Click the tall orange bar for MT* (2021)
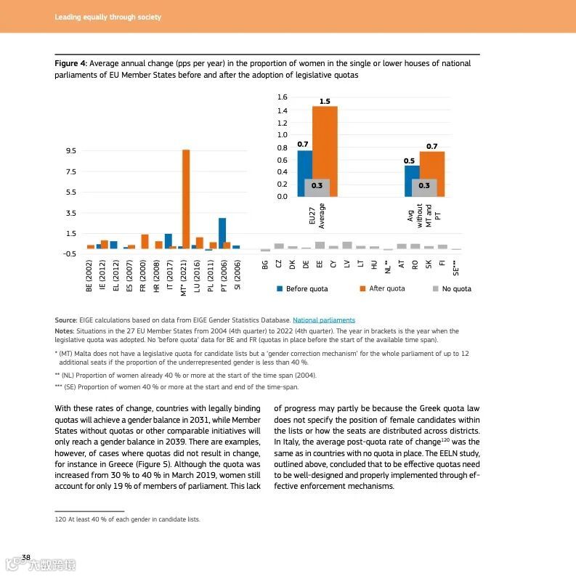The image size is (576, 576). [186, 199]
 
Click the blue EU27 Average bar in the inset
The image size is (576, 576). [304, 164]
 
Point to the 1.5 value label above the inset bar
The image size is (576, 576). [325, 101]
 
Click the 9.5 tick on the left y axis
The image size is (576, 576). [71, 151]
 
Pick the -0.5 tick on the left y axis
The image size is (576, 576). [70, 254]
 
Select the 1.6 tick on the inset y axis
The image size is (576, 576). [283, 97]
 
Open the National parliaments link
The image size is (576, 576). [324, 320]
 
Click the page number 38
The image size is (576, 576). [25, 557]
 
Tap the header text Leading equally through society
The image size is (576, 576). [108, 17]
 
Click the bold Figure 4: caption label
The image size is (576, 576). [71, 64]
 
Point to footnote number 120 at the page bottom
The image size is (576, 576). [60, 519]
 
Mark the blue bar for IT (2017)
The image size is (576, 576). [168, 240]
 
